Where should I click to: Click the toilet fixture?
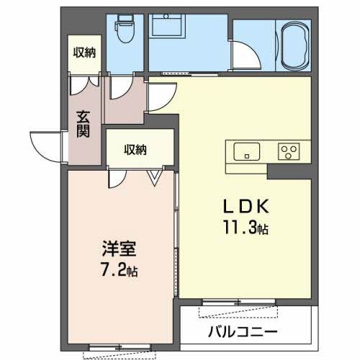[x=125, y=28]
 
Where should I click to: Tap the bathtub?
[x=295, y=45]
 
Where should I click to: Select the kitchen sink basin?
[x=247, y=151]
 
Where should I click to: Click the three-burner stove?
[x=289, y=151]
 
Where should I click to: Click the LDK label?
[x=246, y=207]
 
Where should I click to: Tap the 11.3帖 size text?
[x=246, y=228]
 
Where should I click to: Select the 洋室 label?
[x=120, y=248]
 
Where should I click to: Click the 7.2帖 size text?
[x=120, y=269]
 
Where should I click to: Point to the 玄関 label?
[x=83, y=124]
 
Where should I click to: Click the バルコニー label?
[x=243, y=332]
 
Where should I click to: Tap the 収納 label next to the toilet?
[x=84, y=53]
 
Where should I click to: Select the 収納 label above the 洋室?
[x=135, y=150]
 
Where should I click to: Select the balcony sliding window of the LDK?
[x=238, y=302]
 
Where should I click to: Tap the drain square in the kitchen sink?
[x=247, y=156]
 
